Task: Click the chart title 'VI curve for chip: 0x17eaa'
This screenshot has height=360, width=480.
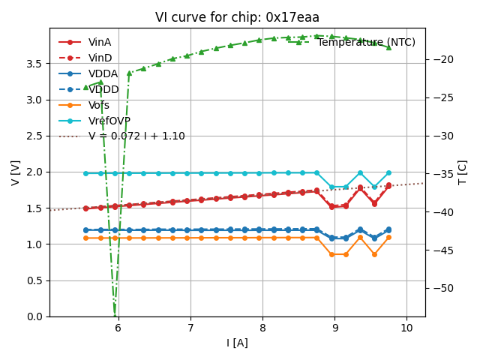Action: [237, 17]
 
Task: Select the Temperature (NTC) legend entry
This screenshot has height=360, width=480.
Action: [366, 43]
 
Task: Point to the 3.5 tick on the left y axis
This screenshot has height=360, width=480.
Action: [35, 64]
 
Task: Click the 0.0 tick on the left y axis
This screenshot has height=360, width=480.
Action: [35, 316]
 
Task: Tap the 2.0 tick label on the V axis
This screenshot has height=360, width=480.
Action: [35, 172]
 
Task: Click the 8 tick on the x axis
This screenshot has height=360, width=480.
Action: [262, 328]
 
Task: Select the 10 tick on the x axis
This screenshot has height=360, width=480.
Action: [406, 328]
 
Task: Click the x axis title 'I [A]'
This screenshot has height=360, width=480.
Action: [237, 343]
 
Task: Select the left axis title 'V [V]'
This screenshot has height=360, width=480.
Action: [15, 172]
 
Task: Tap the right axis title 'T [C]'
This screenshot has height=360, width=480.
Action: [463, 172]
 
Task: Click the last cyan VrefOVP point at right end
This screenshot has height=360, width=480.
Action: [388, 172]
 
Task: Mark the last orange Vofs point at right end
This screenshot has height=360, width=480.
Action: [388, 237]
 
